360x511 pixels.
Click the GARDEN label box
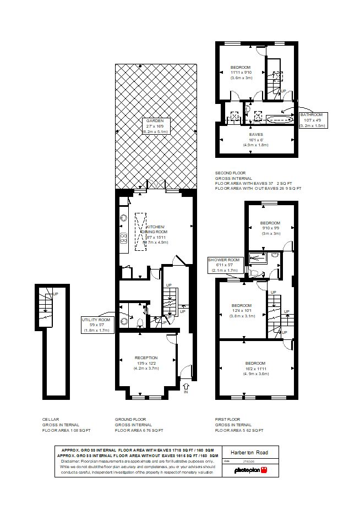[156, 127]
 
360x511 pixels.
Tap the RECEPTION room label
[146, 363]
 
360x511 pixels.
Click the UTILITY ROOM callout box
[96, 325]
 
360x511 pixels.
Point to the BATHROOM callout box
[313, 119]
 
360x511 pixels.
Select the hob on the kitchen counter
[123, 238]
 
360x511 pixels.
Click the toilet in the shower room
[254, 272]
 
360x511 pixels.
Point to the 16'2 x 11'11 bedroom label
[256, 369]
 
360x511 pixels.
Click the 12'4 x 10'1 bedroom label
[241, 311]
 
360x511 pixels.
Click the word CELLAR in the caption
[51, 419]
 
